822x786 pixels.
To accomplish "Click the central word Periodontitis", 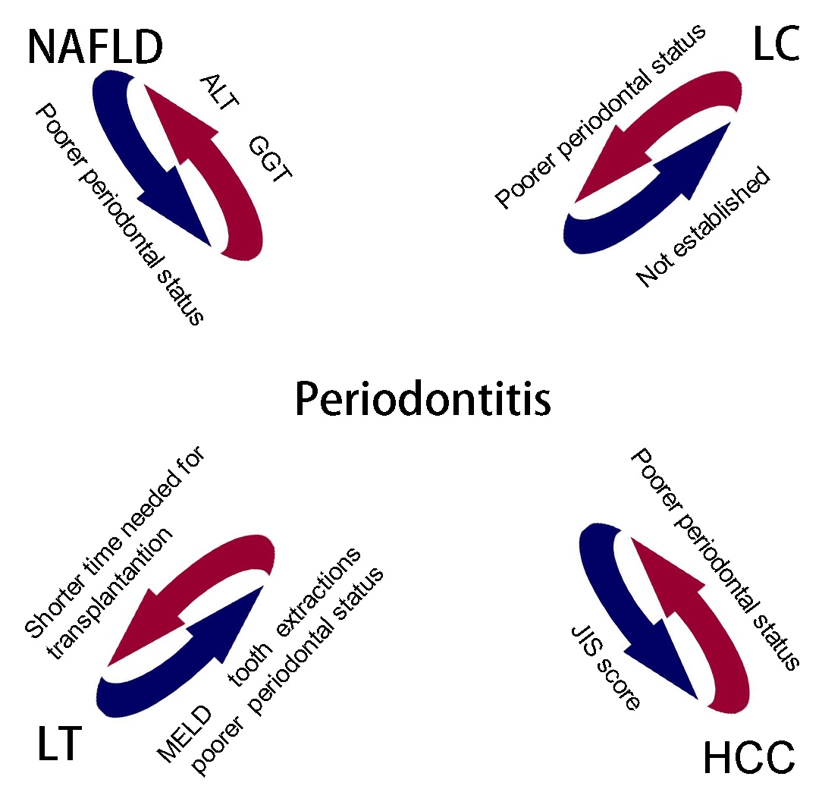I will point(422,399).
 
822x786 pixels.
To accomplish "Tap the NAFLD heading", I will point(96,47).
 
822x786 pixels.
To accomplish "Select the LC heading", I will point(775,46).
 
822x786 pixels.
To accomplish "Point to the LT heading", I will point(59,744).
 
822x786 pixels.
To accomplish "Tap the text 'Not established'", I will point(703,228).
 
